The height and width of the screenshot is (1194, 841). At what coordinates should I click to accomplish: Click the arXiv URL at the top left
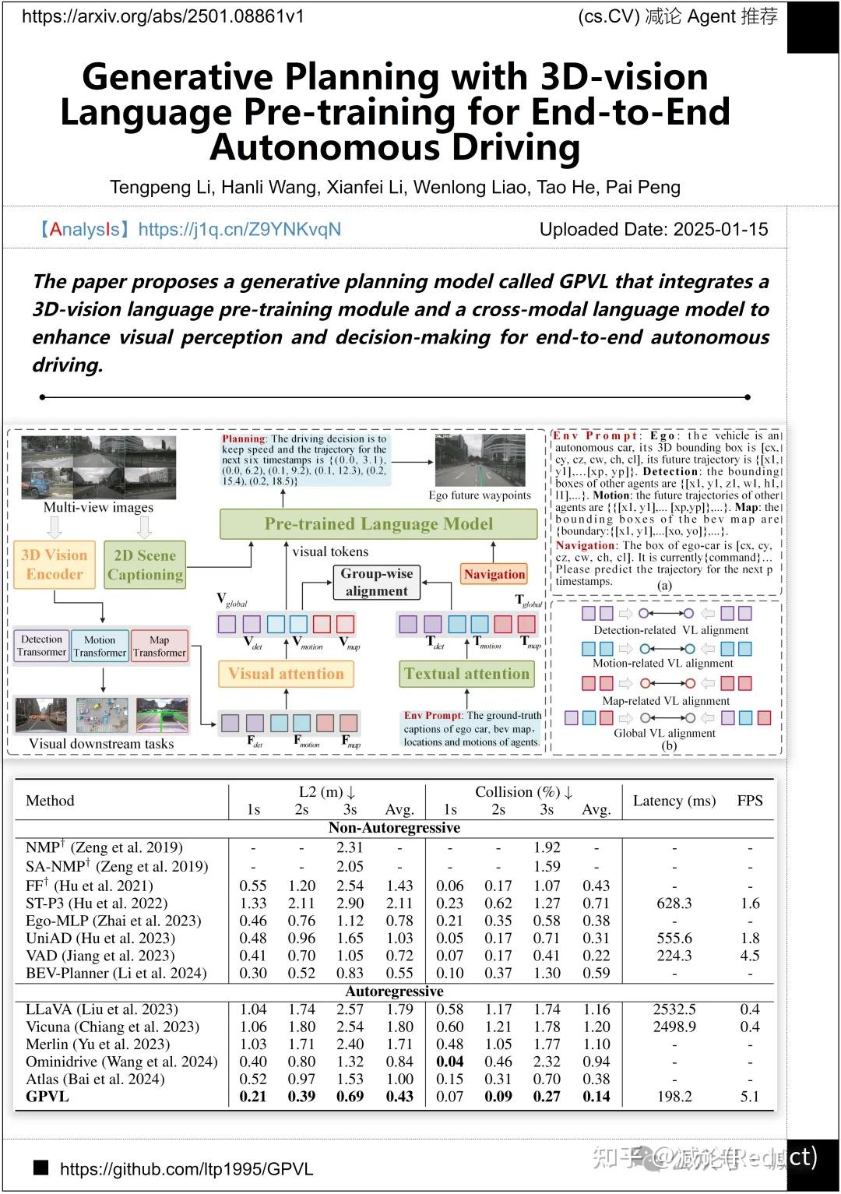[x=163, y=16]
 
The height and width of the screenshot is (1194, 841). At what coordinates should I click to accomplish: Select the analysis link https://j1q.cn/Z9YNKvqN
[x=239, y=229]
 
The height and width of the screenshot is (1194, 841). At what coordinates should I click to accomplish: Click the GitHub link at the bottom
[x=186, y=1169]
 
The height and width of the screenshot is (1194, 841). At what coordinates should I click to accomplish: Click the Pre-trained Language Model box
[x=378, y=523]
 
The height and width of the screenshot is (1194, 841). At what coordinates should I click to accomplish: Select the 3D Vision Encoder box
[x=55, y=565]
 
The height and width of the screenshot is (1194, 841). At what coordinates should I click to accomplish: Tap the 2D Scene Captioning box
[x=145, y=565]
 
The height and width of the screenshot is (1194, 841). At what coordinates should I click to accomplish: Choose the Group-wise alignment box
[x=377, y=582]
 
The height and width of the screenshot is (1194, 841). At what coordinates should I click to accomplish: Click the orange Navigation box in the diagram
[x=494, y=574]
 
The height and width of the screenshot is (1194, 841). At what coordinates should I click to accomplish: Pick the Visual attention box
[x=286, y=674]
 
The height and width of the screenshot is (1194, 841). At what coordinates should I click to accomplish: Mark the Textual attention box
[x=466, y=674]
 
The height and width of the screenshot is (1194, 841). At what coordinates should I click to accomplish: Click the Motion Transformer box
[x=100, y=646]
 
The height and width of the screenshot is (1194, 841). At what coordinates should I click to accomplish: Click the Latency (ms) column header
[x=674, y=801]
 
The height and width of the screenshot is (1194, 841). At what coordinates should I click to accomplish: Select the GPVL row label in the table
[x=48, y=1097]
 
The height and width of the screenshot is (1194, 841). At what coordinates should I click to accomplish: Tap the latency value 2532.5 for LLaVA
[x=674, y=1009]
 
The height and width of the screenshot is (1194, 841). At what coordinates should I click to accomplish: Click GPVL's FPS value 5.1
[x=749, y=1097]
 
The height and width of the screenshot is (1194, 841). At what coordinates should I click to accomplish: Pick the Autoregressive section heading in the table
[x=394, y=991]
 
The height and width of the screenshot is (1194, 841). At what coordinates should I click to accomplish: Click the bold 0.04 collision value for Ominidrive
[x=449, y=1062]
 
